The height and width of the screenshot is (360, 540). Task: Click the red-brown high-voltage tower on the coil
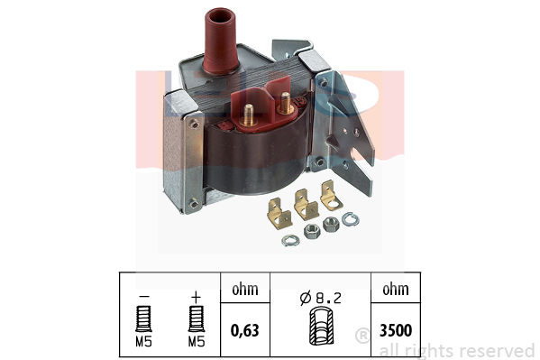click(221, 41)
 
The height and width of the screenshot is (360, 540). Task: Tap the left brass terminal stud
click(249, 115)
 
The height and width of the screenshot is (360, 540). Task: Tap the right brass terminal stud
click(286, 103)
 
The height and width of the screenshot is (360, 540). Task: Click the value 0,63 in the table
click(245, 330)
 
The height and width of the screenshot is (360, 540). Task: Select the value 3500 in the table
click(396, 330)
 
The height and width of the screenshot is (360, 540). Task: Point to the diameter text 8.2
click(328, 298)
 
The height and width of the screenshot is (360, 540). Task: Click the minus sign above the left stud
click(143, 296)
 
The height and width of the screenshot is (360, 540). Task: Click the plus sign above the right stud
click(196, 297)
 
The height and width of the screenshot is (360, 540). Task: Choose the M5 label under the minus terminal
click(143, 341)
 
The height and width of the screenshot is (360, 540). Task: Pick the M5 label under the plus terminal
click(197, 341)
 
